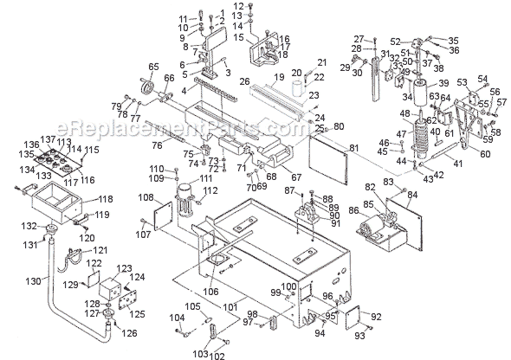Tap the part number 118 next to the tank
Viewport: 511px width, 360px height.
click(x=105, y=198)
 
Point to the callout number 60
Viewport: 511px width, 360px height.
click(x=483, y=154)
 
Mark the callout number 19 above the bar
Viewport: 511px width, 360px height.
click(x=278, y=78)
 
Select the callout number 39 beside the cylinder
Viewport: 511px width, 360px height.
click(x=443, y=82)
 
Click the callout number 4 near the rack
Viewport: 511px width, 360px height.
click(x=182, y=89)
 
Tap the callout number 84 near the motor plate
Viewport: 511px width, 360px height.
click(x=412, y=196)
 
